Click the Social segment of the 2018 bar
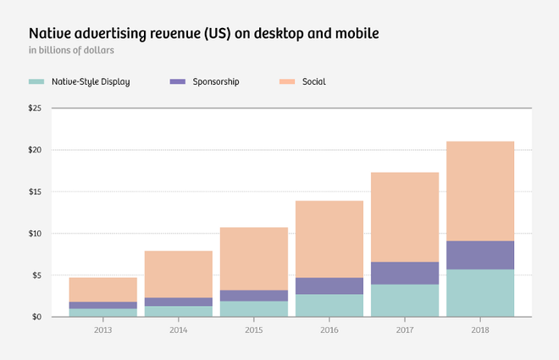[480, 191]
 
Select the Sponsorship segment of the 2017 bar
[405, 273]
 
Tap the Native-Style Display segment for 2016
[329, 305]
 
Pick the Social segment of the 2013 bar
[102, 290]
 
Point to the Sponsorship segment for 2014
[178, 302]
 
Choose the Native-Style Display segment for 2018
[480, 292]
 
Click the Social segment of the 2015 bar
[254, 258]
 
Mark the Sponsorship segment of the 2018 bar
[480, 255]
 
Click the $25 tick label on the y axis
[35, 108]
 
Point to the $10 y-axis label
[35, 233]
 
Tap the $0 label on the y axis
[36, 317]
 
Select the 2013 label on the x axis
[102, 330]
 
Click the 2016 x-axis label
[329, 330]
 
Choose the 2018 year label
[480, 330]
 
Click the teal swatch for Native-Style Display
[36, 82]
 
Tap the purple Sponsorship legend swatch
[177, 82]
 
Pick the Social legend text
[313, 82]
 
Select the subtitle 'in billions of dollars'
[71, 51]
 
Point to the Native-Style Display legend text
[91, 82]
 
